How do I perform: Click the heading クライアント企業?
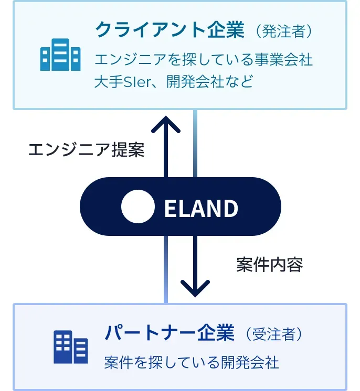170,30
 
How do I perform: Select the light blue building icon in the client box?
60,55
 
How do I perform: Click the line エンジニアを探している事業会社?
204,60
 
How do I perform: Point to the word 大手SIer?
121,82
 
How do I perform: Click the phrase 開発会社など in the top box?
210,82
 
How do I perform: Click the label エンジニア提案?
86,150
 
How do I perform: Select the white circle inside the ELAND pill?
137,207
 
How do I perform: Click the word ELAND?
201,209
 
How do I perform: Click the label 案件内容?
270,265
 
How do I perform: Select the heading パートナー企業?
169,333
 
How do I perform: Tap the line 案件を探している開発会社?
192,362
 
